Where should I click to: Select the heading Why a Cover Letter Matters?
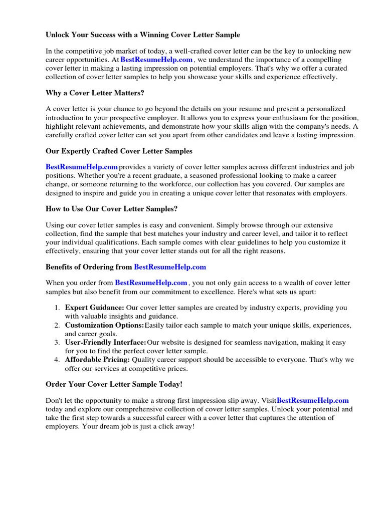tap(96, 93)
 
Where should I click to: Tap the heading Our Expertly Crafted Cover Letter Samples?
tap(119, 151)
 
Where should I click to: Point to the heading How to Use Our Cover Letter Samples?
tap(112, 209)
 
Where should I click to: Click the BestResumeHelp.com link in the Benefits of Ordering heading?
tap(170, 267)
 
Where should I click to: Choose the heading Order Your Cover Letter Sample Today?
tap(114, 384)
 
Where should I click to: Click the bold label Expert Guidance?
tap(95, 308)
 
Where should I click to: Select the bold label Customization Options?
tap(104, 326)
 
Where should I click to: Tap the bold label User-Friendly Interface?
tap(106, 343)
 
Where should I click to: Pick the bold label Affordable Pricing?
tap(97, 360)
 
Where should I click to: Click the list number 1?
tap(58, 308)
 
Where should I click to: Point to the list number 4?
tap(58, 360)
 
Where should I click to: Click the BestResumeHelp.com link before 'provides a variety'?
tap(82, 167)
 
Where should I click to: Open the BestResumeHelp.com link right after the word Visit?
tap(313, 400)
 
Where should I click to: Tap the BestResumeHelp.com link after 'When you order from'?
tap(151, 283)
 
